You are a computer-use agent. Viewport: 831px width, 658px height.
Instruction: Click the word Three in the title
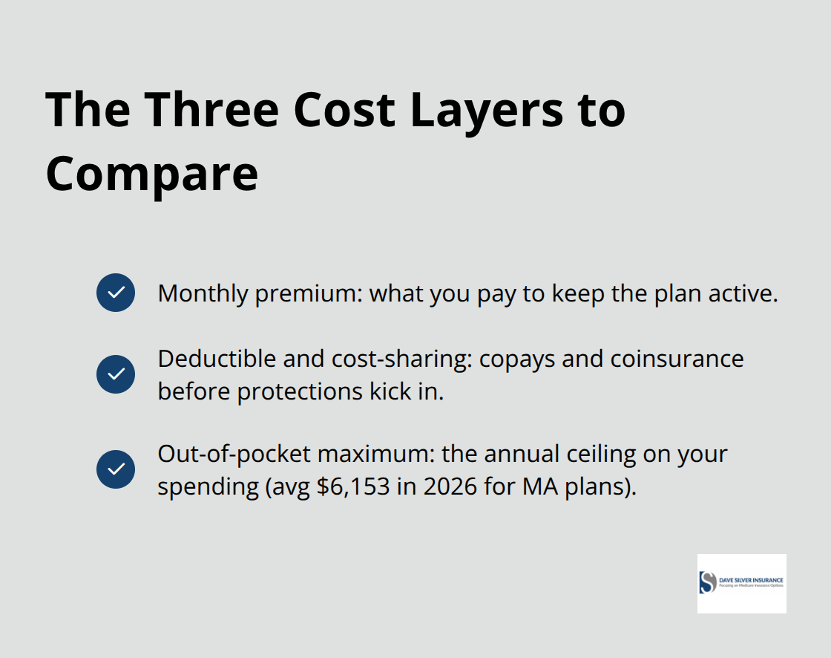[x=211, y=110]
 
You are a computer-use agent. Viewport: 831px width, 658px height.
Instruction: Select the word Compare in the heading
[x=152, y=175]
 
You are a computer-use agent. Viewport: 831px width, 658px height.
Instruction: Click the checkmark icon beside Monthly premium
[x=116, y=293]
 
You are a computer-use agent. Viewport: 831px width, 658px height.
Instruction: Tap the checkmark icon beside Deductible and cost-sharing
[x=116, y=374]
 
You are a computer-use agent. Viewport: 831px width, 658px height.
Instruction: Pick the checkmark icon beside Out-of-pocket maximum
[x=116, y=469]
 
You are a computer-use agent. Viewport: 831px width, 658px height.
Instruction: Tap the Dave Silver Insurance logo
[x=741, y=583]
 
